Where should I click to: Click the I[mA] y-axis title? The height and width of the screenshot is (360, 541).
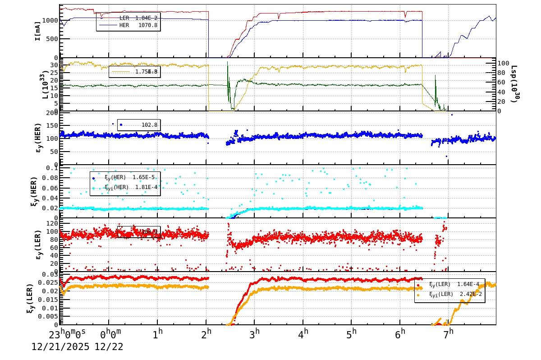(38, 31)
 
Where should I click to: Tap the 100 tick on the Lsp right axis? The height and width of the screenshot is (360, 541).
(504, 63)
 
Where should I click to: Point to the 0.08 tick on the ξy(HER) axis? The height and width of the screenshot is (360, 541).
(50, 178)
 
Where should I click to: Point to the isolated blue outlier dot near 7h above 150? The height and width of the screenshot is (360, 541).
(452, 115)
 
